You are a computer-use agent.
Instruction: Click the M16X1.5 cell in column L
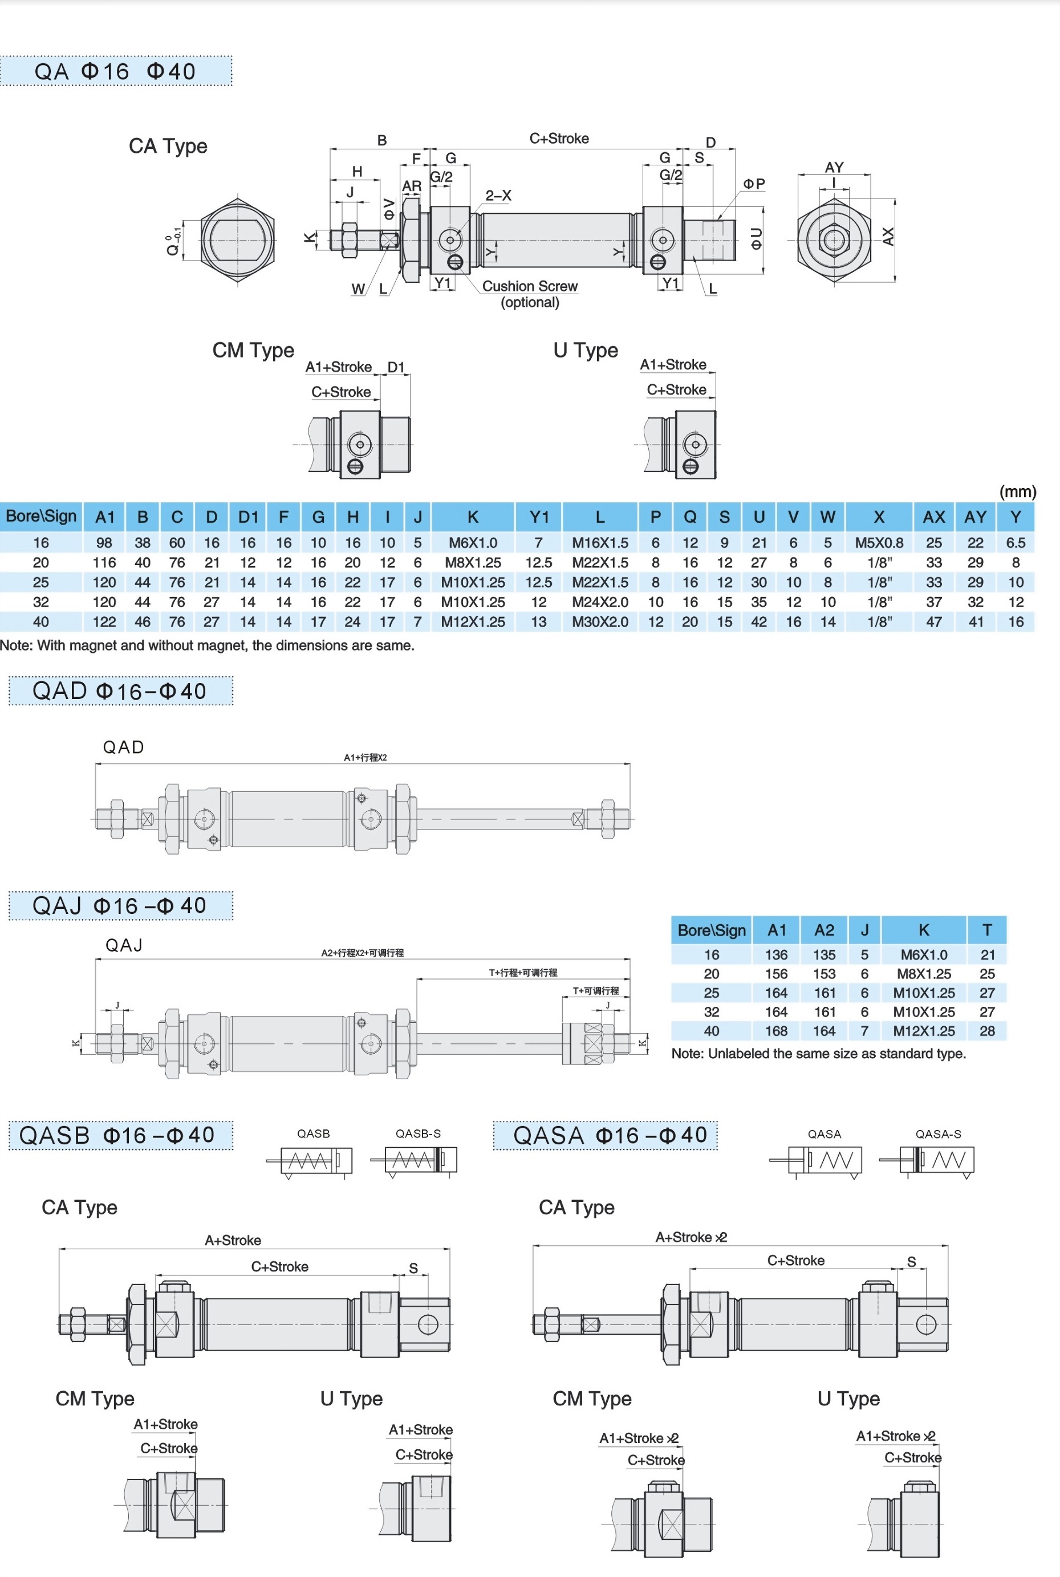pos(600,543)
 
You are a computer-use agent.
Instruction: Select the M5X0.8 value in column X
pos(878,543)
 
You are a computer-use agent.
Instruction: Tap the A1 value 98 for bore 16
pos(105,543)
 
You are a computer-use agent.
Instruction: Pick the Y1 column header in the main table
pos(539,517)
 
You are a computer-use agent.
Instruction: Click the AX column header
pos(933,517)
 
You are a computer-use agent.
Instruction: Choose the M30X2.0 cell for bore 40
pos(600,622)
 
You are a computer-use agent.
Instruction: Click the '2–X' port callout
pos(498,196)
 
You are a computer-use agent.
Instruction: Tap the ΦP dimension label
pos(754,184)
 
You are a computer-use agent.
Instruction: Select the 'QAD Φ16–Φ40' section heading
pos(120,691)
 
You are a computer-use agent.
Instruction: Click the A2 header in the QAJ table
pos(824,930)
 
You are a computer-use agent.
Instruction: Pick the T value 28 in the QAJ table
pos(987,1031)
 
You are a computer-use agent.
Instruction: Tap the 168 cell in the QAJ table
pos(776,1031)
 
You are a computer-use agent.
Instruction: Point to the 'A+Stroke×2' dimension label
pos(691,1237)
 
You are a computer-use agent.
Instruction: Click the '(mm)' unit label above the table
pos(1017,491)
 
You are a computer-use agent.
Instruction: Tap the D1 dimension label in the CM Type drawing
pos(396,367)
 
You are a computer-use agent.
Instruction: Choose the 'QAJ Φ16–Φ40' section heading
pos(120,906)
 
